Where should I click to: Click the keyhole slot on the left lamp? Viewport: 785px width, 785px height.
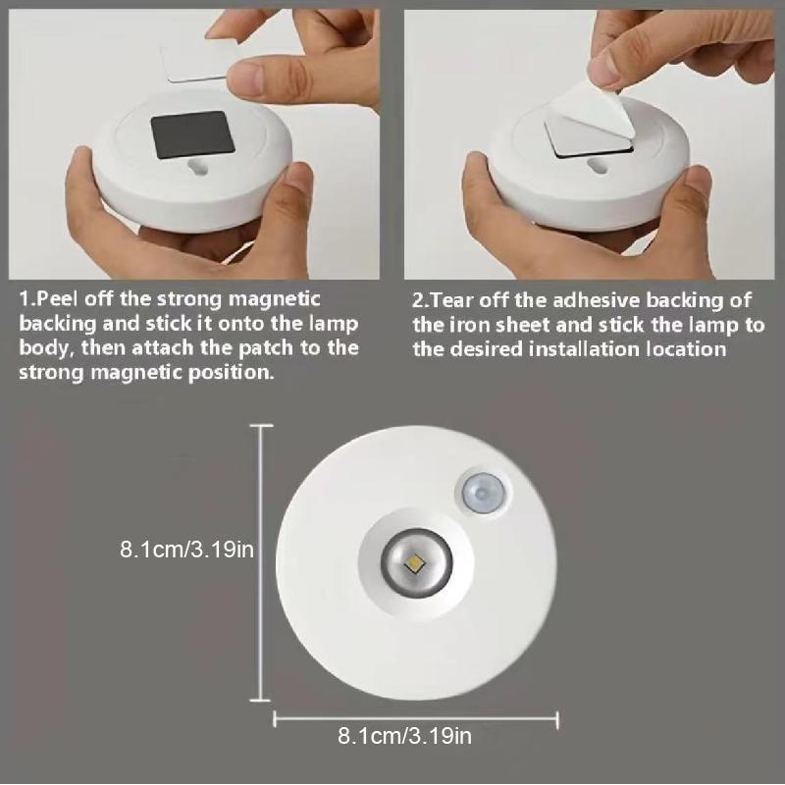pyautogui.click(x=201, y=169)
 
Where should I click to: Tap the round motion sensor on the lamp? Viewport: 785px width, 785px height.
pyautogui.click(x=482, y=491)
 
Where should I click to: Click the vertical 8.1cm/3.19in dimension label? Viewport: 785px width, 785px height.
pyautogui.click(x=187, y=550)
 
